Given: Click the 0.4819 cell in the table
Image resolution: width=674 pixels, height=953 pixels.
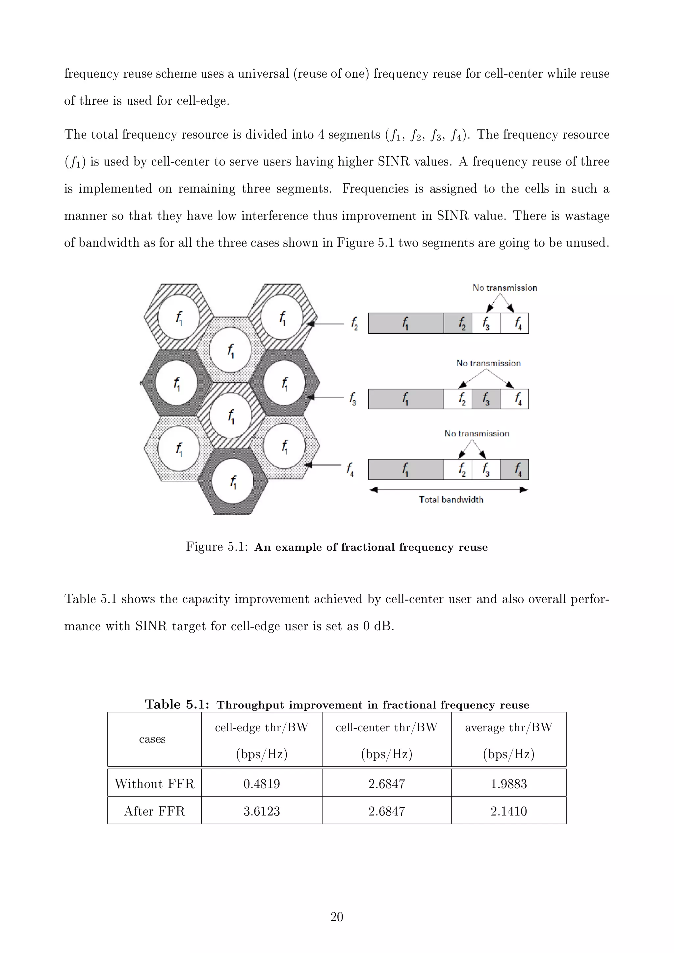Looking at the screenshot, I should [x=261, y=784].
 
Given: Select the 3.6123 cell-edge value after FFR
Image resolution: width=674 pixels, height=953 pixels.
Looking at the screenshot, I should [x=261, y=811].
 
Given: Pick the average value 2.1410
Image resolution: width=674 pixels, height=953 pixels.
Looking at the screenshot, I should [x=508, y=811].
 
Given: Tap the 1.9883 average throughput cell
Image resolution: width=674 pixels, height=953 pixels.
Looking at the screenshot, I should [x=508, y=784].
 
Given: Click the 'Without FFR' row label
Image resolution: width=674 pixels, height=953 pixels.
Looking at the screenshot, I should [x=154, y=784].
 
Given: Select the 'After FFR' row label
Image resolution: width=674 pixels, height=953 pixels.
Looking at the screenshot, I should [x=154, y=811].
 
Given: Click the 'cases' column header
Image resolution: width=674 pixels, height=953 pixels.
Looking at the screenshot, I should [x=152, y=739].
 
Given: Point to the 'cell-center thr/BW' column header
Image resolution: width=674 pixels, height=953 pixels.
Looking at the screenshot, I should [x=386, y=728].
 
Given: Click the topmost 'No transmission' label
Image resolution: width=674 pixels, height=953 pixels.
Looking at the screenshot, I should [x=505, y=288].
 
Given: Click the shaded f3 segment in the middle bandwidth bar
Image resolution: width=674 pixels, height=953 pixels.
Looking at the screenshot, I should [x=486, y=399].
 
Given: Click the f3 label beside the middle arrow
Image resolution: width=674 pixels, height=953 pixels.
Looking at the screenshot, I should [x=353, y=399].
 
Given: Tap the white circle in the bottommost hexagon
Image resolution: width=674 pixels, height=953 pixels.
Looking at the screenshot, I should [x=233, y=482].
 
